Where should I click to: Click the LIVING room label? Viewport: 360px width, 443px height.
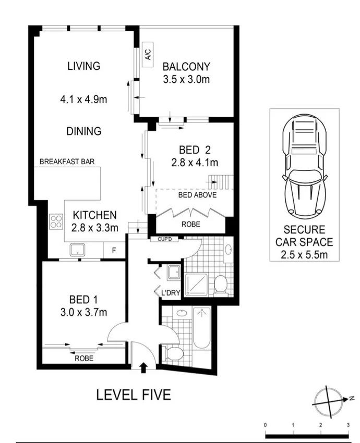coord(83,66)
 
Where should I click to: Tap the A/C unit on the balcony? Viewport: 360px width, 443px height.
coord(147,55)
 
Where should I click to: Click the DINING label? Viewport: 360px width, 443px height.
coord(83,131)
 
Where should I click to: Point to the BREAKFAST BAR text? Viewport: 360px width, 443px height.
coord(67,162)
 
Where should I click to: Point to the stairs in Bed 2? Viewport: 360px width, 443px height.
coord(219,182)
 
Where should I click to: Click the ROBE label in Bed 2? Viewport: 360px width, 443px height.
coord(191,225)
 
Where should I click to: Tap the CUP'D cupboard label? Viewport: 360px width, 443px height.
coord(165,240)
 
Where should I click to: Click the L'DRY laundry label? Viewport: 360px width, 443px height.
coord(170,293)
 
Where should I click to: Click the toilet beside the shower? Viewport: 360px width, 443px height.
coord(220,284)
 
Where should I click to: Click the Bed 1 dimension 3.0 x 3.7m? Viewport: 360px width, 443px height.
coord(88,313)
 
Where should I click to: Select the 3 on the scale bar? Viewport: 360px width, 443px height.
coord(348,425)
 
